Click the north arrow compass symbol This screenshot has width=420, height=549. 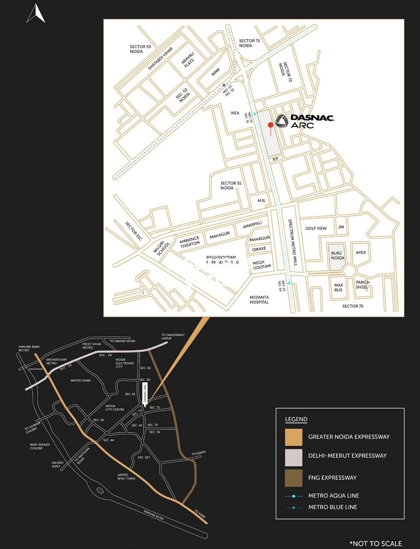click(36, 13)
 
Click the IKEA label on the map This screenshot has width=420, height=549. click(235, 113)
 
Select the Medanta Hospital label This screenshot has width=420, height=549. click(259, 300)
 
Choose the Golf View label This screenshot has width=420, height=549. click(316, 228)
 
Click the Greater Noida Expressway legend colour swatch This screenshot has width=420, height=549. click(293, 437)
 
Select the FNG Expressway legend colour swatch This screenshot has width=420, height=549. click(293, 478)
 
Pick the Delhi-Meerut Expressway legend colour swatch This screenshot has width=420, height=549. click(293, 457)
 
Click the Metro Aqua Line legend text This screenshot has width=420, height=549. click(334, 495)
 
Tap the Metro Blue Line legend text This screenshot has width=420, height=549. click(333, 507)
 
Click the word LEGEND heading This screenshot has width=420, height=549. click(296, 419)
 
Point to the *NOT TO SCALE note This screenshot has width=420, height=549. click(375, 543)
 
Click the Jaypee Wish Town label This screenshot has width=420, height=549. click(126, 476)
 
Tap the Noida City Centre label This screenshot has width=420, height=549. click(115, 407)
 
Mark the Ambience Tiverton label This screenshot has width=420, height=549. click(190, 241)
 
